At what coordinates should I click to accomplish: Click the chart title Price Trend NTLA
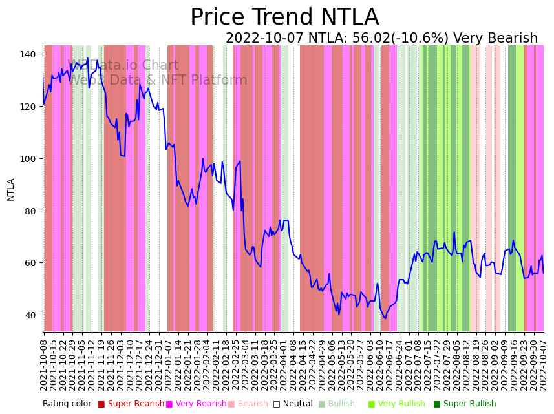(x=284, y=17)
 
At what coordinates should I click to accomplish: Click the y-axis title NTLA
(x=11, y=189)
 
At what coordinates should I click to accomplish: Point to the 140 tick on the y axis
(x=28, y=54)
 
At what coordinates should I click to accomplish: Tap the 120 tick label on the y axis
(x=28, y=107)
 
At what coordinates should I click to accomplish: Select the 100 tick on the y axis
(x=28, y=159)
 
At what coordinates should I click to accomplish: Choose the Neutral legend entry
(x=293, y=404)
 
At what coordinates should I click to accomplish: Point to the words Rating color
(x=67, y=404)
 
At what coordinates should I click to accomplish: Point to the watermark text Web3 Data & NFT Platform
(x=158, y=80)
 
